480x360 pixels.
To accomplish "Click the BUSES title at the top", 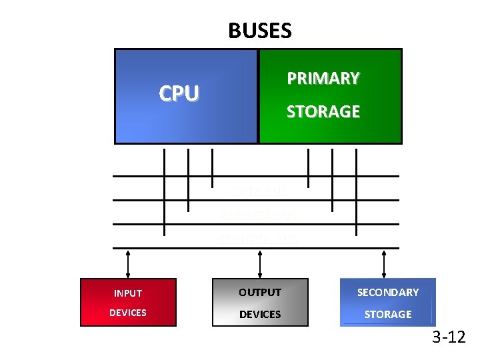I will pyautogui.click(x=259, y=31).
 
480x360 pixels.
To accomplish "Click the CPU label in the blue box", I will pyautogui.click(x=179, y=94).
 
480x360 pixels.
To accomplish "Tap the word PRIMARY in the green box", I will pyautogui.click(x=323, y=79).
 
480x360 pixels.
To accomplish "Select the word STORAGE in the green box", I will pyautogui.click(x=323, y=112).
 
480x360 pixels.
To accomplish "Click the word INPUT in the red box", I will pyautogui.click(x=128, y=293).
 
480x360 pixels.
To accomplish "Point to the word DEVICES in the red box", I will pyautogui.click(x=128, y=313).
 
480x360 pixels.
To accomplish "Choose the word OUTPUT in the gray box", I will pyautogui.click(x=260, y=293).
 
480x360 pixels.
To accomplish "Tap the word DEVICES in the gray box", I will pyautogui.click(x=260, y=314).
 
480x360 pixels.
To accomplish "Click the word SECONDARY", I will pyautogui.click(x=388, y=293).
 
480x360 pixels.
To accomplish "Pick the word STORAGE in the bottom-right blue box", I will pyautogui.click(x=388, y=314).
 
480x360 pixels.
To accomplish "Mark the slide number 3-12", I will pyautogui.click(x=449, y=337).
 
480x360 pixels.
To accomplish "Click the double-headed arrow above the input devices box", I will pyautogui.click(x=128, y=263).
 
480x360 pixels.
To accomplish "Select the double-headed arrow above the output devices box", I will pyautogui.click(x=260, y=263).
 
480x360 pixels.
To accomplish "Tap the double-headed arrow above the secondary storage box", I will pyautogui.click(x=384, y=263).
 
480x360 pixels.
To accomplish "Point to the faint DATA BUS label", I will pyautogui.click(x=259, y=191).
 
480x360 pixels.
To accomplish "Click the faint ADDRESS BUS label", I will pyautogui.click(x=259, y=215).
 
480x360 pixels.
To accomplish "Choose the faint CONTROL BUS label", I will pyautogui.click(x=259, y=238).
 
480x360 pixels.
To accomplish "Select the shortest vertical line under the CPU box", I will pyautogui.click(x=212, y=167).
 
